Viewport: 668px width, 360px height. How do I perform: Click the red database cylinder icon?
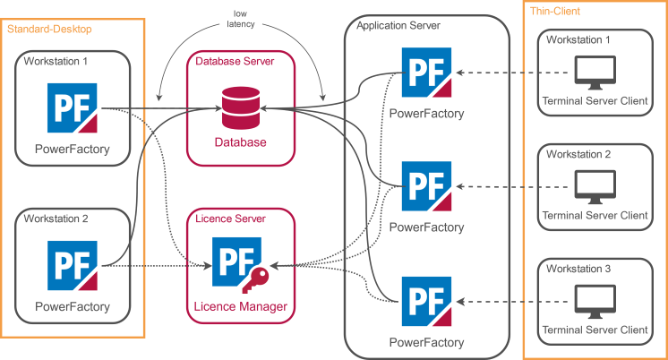[239, 107]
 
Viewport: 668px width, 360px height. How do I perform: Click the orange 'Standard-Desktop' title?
[49, 30]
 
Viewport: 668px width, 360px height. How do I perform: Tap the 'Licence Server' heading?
[230, 218]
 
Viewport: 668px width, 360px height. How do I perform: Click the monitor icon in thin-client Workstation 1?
[593, 73]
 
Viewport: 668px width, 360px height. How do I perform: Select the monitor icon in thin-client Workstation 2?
[593, 186]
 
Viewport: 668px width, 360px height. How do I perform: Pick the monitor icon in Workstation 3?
[593, 301]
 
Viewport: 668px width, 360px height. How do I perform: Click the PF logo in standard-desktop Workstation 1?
[72, 108]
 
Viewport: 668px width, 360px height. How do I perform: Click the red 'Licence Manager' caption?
[240, 307]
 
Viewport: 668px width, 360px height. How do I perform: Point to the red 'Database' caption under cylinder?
[239, 142]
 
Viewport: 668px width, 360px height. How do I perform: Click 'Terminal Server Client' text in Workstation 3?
[594, 330]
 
